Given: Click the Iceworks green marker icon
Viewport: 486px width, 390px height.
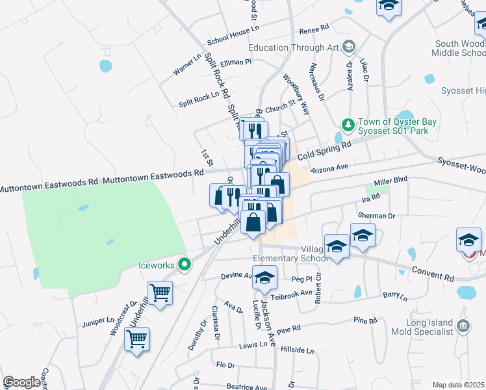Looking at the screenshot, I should coord(185,265).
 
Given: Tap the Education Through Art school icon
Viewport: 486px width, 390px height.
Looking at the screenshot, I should coord(350,47).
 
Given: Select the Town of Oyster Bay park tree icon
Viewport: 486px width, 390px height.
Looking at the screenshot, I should coord(348,123).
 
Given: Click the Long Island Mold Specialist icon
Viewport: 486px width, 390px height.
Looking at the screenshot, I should coord(463,326).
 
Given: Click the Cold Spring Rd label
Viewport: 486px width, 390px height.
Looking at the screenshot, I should coord(324,151).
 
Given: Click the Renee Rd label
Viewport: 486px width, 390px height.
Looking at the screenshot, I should coord(314,30).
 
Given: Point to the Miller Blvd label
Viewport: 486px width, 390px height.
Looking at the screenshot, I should coord(390,183).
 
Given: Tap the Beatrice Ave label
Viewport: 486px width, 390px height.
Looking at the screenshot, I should coord(246,387).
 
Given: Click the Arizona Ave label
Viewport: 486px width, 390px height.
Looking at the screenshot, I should coord(330,168).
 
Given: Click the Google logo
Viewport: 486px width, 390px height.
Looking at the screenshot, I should coord(22,382).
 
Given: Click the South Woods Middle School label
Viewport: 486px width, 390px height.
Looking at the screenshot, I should coord(460,48).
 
